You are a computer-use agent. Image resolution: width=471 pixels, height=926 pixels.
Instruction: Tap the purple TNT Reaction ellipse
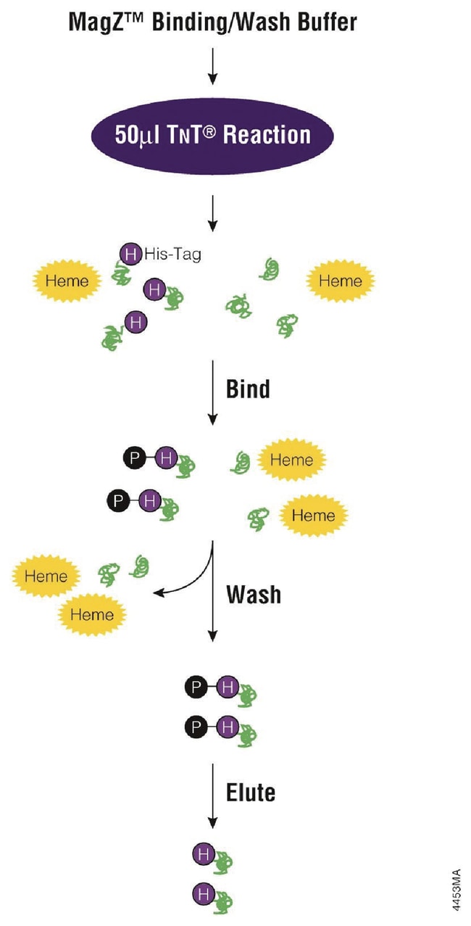212,135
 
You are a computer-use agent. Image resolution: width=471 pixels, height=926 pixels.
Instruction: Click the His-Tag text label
172,255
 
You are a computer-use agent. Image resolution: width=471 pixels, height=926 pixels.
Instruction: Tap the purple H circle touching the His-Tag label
130,254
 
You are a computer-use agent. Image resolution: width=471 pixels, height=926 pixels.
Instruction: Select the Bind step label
248,389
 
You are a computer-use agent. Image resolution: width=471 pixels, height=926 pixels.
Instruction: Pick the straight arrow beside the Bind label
212,392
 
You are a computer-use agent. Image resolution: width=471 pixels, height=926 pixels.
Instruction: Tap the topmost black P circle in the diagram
133,458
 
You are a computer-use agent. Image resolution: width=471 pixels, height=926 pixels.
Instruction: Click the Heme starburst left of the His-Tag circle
67,281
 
